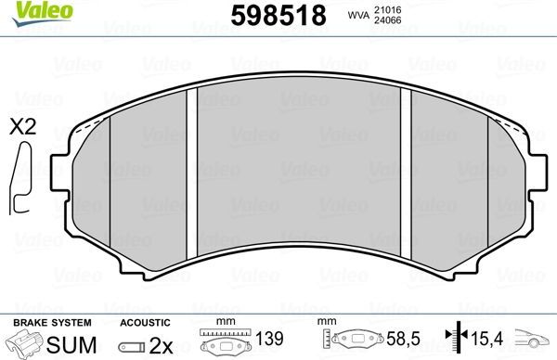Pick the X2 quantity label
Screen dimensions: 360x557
point(21,128)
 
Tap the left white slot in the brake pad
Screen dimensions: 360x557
point(192,174)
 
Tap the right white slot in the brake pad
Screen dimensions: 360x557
point(405,174)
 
